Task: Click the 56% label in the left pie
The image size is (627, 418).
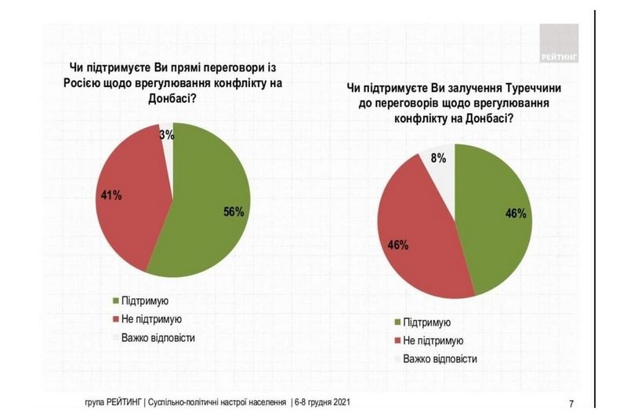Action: pyautogui.click(x=234, y=212)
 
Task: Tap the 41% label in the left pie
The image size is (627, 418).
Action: pyautogui.click(x=111, y=195)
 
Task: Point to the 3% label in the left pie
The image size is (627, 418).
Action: pyautogui.click(x=166, y=135)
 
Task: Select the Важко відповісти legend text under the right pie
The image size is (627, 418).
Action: pyautogui.click(x=440, y=359)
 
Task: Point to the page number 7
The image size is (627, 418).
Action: pyautogui.click(x=571, y=404)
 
